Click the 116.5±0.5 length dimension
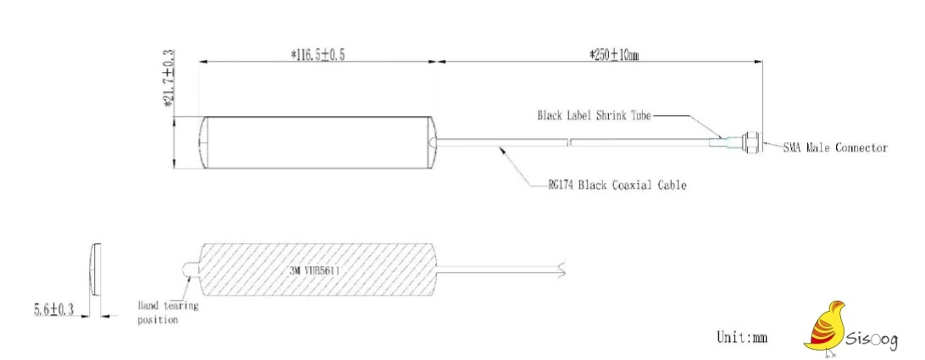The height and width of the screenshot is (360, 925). point(318,55)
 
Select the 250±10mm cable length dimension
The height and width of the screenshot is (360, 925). point(613,55)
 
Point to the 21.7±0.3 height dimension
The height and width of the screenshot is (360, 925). point(169,79)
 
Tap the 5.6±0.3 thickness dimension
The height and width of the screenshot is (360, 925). point(53,309)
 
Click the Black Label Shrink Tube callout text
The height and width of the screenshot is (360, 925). point(594,116)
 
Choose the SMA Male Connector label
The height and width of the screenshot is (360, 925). point(834,147)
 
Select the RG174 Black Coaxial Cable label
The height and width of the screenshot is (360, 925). point(617,186)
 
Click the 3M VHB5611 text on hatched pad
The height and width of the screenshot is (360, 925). point(313,271)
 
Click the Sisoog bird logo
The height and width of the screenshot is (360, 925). point(824,328)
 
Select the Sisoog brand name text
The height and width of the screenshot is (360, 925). point(872,340)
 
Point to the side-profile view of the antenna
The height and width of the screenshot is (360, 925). point(95,269)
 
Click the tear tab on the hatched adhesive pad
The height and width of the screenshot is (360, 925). point(191,271)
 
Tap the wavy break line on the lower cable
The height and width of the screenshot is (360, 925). point(562,269)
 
